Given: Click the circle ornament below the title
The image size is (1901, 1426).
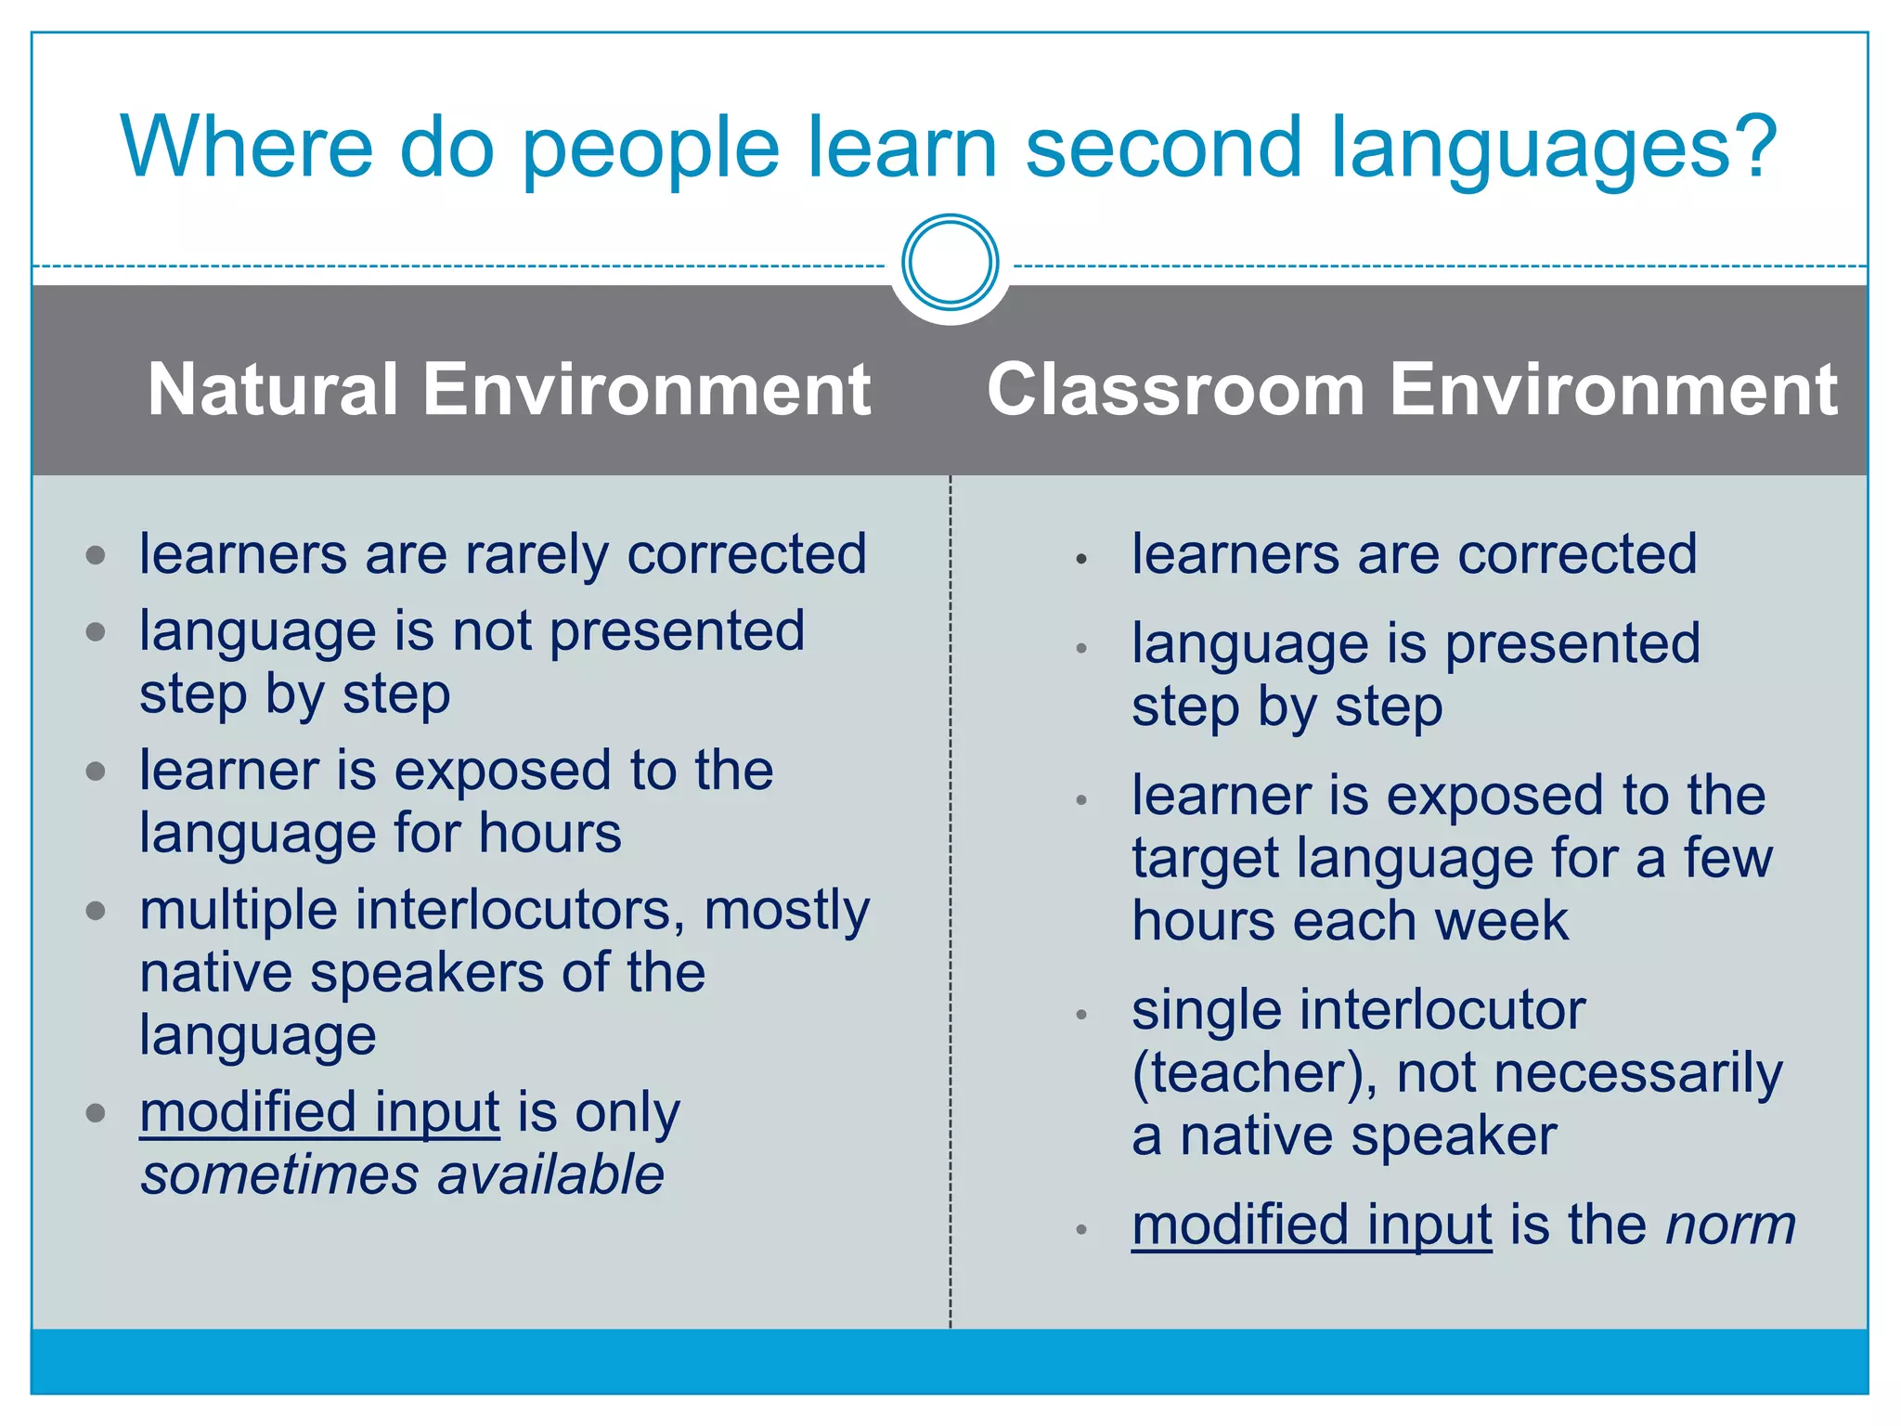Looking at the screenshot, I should click(x=950, y=263).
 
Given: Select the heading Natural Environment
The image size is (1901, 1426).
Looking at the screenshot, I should click(x=509, y=390).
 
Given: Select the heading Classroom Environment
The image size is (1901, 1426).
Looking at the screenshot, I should click(x=1411, y=390).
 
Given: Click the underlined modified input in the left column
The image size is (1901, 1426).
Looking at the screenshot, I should click(x=319, y=1113).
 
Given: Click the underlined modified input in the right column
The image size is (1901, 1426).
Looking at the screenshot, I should click(x=1311, y=1225).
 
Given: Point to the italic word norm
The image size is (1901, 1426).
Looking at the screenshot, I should click(x=1730, y=1225).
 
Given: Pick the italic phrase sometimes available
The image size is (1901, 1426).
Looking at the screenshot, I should click(x=402, y=1175).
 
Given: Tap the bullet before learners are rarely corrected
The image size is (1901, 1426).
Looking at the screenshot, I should click(x=96, y=556).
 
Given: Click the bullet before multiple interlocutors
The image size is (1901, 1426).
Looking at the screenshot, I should click(x=96, y=911).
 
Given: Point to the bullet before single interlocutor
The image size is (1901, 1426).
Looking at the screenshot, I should click(x=1080, y=1015).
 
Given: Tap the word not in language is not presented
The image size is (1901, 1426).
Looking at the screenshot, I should click(x=491, y=632).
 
